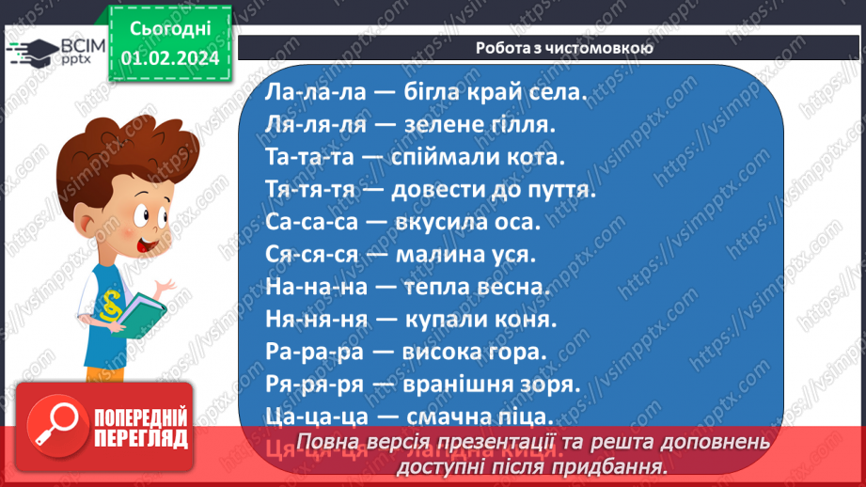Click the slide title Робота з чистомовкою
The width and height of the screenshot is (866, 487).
coord(551,47)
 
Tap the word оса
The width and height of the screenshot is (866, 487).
coord(512,223)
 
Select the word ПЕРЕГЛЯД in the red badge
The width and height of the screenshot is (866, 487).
coord(141,439)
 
